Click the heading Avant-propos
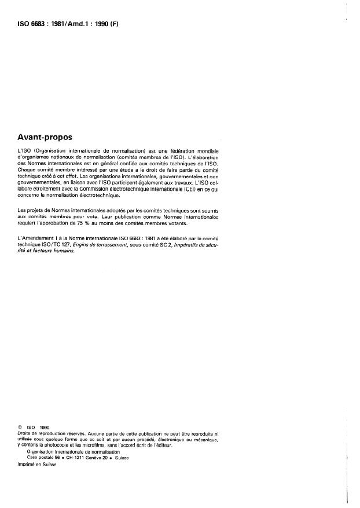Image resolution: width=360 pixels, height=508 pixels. [46, 138]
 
